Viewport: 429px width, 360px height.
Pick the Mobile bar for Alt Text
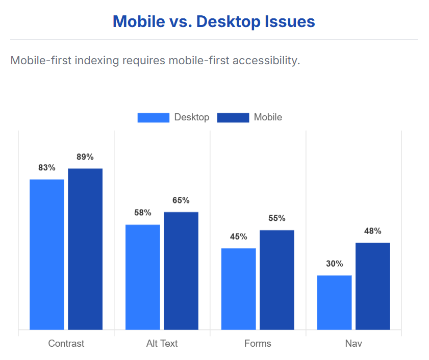[181, 270]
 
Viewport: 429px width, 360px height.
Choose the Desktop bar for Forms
[239, 289]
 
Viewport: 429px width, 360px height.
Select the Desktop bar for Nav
[335, 302]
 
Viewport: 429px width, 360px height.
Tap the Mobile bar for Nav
[373, 286]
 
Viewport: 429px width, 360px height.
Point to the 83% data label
[47, 168]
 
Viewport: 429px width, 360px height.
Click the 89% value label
[85, 157]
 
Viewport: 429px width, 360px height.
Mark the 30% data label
[335, 264]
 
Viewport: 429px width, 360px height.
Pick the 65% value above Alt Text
[181, 200]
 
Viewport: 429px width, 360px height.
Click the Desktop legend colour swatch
[153, 117]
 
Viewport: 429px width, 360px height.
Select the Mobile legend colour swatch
[233, 117]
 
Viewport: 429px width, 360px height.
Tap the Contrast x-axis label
[66, 343]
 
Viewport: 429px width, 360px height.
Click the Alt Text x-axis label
[162, 343]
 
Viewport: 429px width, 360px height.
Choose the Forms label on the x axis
[258, 343]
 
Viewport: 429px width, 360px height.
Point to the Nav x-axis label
[354, 343]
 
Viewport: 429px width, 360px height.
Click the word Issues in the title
[288, 22]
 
